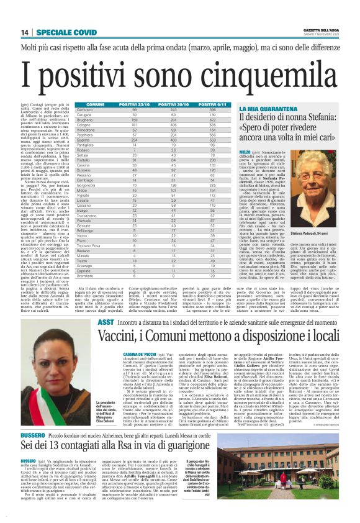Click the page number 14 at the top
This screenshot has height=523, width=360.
click(x=24, y=32)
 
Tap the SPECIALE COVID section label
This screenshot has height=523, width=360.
click(x=61, y=32)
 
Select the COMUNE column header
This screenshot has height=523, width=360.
click(x=96, y=104)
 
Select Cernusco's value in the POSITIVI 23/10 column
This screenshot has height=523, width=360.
click(x=133, y=109)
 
